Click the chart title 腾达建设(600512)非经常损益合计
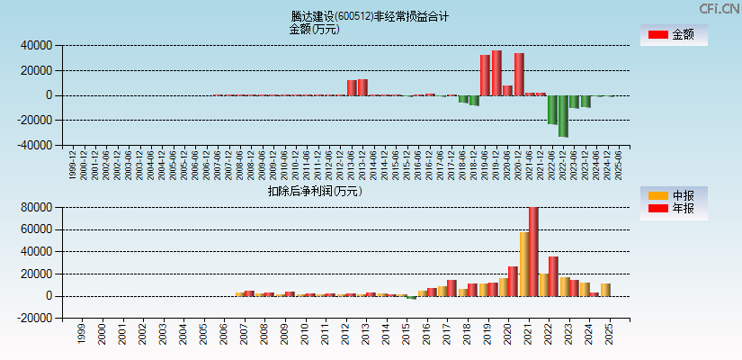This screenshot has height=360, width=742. click(370, 16)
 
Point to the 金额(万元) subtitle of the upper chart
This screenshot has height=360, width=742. click(314, 29)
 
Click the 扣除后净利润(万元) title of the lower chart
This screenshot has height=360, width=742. click(314, 191)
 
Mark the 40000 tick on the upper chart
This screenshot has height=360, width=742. click(36, 45)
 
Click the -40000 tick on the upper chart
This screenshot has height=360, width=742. click(34, 145)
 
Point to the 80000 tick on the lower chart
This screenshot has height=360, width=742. click(36, 208)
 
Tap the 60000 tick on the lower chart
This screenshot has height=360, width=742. click(36, 229)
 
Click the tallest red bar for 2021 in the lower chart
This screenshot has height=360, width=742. click(533, 251)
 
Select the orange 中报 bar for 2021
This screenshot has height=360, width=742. click(523, 264)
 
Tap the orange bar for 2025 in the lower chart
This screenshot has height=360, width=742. click(605, 290)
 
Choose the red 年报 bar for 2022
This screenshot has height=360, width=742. click(553, 276)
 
